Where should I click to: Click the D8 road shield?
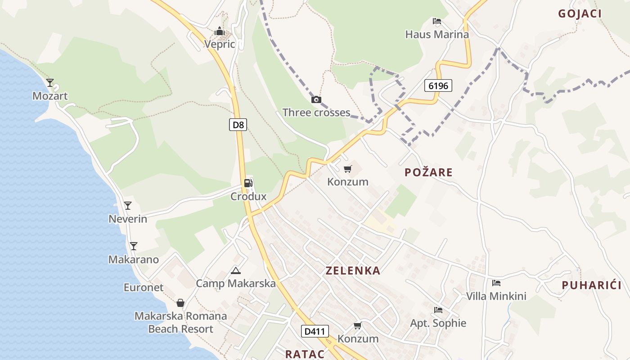coord(238,125)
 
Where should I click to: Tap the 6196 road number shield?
coord(438,85)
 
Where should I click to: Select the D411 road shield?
coord(315,331)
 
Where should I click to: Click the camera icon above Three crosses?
coord(316,99)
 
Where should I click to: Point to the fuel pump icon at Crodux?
coord(248,183)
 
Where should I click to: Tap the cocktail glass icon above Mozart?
coord(50,83)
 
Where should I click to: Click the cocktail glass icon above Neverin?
coord(128,206)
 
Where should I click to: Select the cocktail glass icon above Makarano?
coord(133,246)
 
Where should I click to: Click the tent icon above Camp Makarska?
coord(235,270)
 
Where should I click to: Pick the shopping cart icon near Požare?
coord(347,169)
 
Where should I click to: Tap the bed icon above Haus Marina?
coord(436,21)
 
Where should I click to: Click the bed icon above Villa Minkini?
coord(496,283)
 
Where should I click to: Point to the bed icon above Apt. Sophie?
coord(438,310)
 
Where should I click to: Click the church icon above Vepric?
coord(220,31)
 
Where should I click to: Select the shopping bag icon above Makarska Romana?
coord(180,303)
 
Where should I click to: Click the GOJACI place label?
coord(580,13)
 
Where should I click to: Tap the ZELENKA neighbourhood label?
coord(353,270)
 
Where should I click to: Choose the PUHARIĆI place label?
coord(591,285)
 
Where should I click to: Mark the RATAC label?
coord(305,354)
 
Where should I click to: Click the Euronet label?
coord(144,287)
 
